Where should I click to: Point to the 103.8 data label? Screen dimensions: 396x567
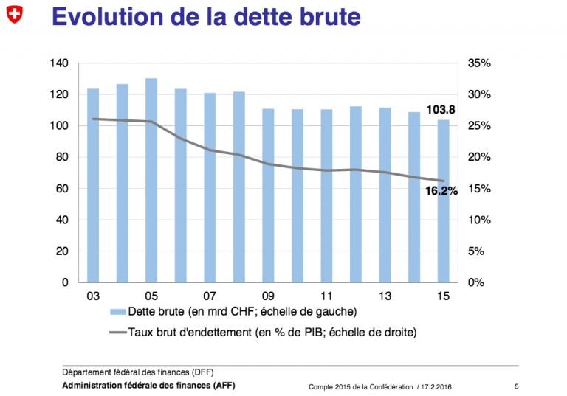(x=441, y=109)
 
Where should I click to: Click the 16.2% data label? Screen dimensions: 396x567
(x=441, y=191)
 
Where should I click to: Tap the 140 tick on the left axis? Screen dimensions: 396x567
(x=59, y=63)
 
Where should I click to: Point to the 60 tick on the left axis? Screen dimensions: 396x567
(x=62, y=189)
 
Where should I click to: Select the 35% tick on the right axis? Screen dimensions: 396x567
(x=479, y=63)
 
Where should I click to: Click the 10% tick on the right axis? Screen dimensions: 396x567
(x=479, y=220)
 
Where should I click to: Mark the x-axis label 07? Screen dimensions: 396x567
(x=210, y=296)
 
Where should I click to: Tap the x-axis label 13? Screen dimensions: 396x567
(x=385, y=296)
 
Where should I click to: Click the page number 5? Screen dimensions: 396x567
(x=516, y=386)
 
